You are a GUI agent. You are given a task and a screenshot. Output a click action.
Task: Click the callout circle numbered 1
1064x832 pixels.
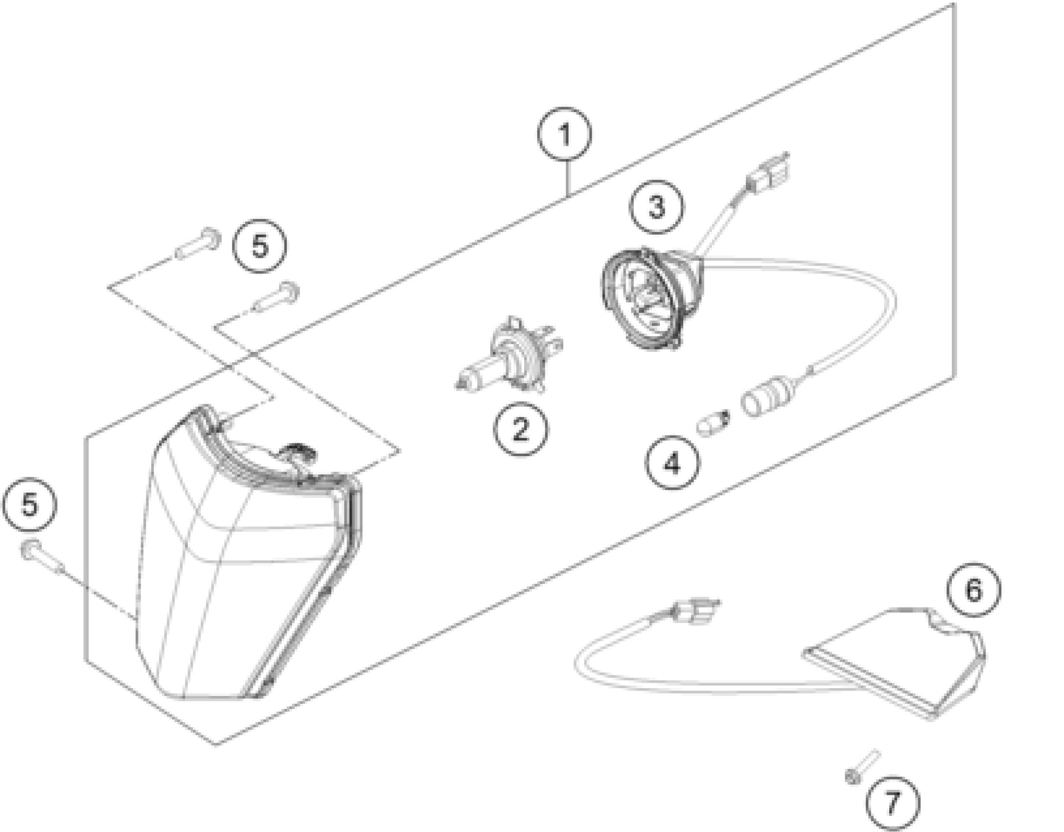[564, 135]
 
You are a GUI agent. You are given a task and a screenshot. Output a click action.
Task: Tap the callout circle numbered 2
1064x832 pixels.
[520, 429]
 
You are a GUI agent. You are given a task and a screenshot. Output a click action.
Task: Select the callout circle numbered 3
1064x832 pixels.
[656, 207]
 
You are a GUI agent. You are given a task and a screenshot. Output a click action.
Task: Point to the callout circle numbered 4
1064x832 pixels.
[672, 462]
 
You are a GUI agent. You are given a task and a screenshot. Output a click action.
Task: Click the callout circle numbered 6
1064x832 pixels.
[973, 590]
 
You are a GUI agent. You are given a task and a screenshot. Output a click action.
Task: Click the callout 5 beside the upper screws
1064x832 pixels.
[260, 245]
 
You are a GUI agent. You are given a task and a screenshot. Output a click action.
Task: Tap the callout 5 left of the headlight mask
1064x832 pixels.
[30, 505]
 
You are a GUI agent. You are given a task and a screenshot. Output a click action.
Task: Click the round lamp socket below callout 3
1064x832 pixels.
[646, 300]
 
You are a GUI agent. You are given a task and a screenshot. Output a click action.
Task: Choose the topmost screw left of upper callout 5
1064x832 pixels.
[198, 245]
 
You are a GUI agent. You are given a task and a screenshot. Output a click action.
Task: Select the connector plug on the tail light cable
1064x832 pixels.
[695, 612]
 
